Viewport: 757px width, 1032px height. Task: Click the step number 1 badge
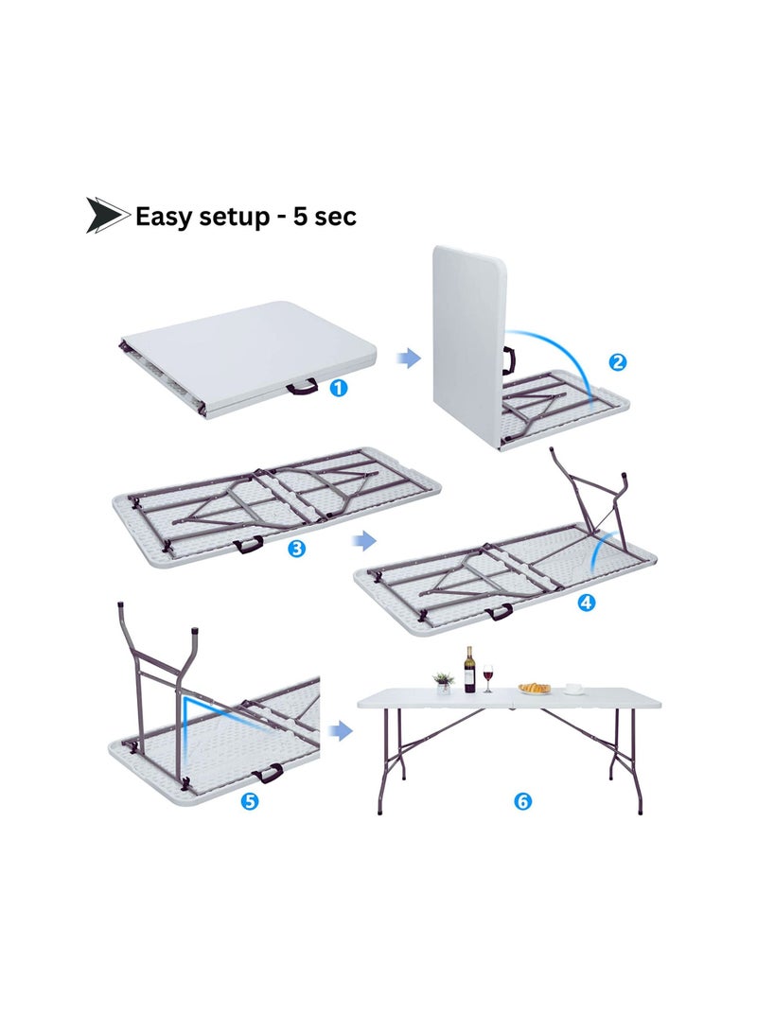tap(338, 388)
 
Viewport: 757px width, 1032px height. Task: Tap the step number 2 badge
tap(617, 361)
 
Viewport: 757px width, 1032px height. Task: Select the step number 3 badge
tap(296, 549)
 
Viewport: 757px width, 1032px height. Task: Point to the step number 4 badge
tap(587, 603)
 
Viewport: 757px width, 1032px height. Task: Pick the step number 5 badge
tap(250, 802)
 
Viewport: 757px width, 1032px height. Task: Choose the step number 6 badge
tap(522, 802)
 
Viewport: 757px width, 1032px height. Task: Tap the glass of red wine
tap(488, 677)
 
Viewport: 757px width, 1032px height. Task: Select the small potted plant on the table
tap(443, 682)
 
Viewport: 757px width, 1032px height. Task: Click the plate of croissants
tap(535, 689)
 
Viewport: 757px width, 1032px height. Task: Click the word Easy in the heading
tap(168, 217)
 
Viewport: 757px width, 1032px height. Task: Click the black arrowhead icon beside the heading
tap(107, 216)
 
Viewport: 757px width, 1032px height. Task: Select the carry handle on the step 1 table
tap(304, 386)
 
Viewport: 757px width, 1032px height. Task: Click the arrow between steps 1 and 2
tap(408, 358)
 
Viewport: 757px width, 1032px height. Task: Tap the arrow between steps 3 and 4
tap(362, 540)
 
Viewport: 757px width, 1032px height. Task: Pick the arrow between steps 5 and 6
tap(340, 730)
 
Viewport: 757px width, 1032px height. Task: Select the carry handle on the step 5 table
tap(270, 774)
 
